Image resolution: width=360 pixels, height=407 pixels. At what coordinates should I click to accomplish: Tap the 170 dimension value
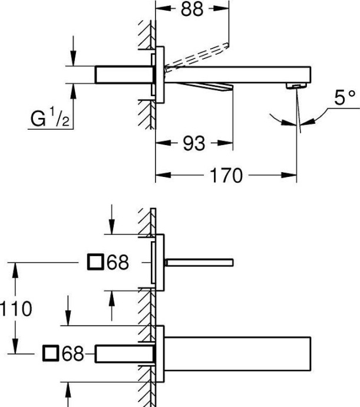pos(225,175)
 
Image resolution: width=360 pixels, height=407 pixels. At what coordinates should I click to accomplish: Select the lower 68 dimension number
pos(72,354)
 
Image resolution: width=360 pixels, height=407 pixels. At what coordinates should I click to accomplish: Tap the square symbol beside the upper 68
pos(94,262)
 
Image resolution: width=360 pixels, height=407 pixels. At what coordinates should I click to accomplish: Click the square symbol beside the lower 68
pos(51,354)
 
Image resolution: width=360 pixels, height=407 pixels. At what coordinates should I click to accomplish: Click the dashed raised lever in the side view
pos(197,55)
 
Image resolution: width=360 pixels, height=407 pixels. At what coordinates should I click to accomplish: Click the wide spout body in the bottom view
pos(236,353)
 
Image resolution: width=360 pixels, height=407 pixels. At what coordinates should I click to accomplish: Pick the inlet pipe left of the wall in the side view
pos(124,75)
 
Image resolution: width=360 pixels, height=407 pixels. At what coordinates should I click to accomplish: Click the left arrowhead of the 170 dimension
pos(159,175)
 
